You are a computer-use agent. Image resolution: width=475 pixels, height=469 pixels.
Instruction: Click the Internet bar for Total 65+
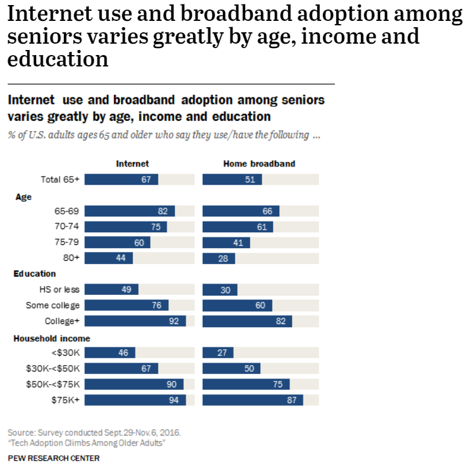(x=121, y=180)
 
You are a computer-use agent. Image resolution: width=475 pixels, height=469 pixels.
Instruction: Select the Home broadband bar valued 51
(x=232, y=180)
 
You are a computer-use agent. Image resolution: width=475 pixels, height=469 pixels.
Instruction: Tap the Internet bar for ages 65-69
(x=129, y=211)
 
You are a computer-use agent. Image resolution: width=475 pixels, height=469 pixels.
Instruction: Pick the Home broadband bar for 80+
(x=218, y=258)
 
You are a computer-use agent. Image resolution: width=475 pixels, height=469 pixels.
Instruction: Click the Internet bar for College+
(x=135, y=321)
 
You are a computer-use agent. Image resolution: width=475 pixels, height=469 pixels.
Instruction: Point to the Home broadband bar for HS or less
(x=220, y=290)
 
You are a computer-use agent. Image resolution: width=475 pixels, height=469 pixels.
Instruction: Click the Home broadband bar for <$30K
(x=218, y=353)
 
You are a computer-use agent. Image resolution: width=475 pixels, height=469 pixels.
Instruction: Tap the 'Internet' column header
(x=132, y=164)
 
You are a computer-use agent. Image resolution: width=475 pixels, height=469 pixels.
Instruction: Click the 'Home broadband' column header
(x=259, y=164)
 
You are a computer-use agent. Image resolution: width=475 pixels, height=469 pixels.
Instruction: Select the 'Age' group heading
(x=23, y=197)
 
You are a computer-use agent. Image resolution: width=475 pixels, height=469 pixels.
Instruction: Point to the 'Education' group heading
(x=35, y=274)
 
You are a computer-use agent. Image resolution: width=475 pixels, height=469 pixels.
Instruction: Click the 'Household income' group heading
(x=52, y=339)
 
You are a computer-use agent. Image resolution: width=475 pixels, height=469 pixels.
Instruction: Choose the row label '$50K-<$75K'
(x=53, y=384)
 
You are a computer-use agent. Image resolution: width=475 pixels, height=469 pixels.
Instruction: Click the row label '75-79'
(x=67, y=242)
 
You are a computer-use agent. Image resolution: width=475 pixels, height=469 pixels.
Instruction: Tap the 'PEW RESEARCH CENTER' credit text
(x=53, y=458)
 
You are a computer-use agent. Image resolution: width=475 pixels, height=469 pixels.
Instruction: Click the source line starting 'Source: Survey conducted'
(x=94, y=432)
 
